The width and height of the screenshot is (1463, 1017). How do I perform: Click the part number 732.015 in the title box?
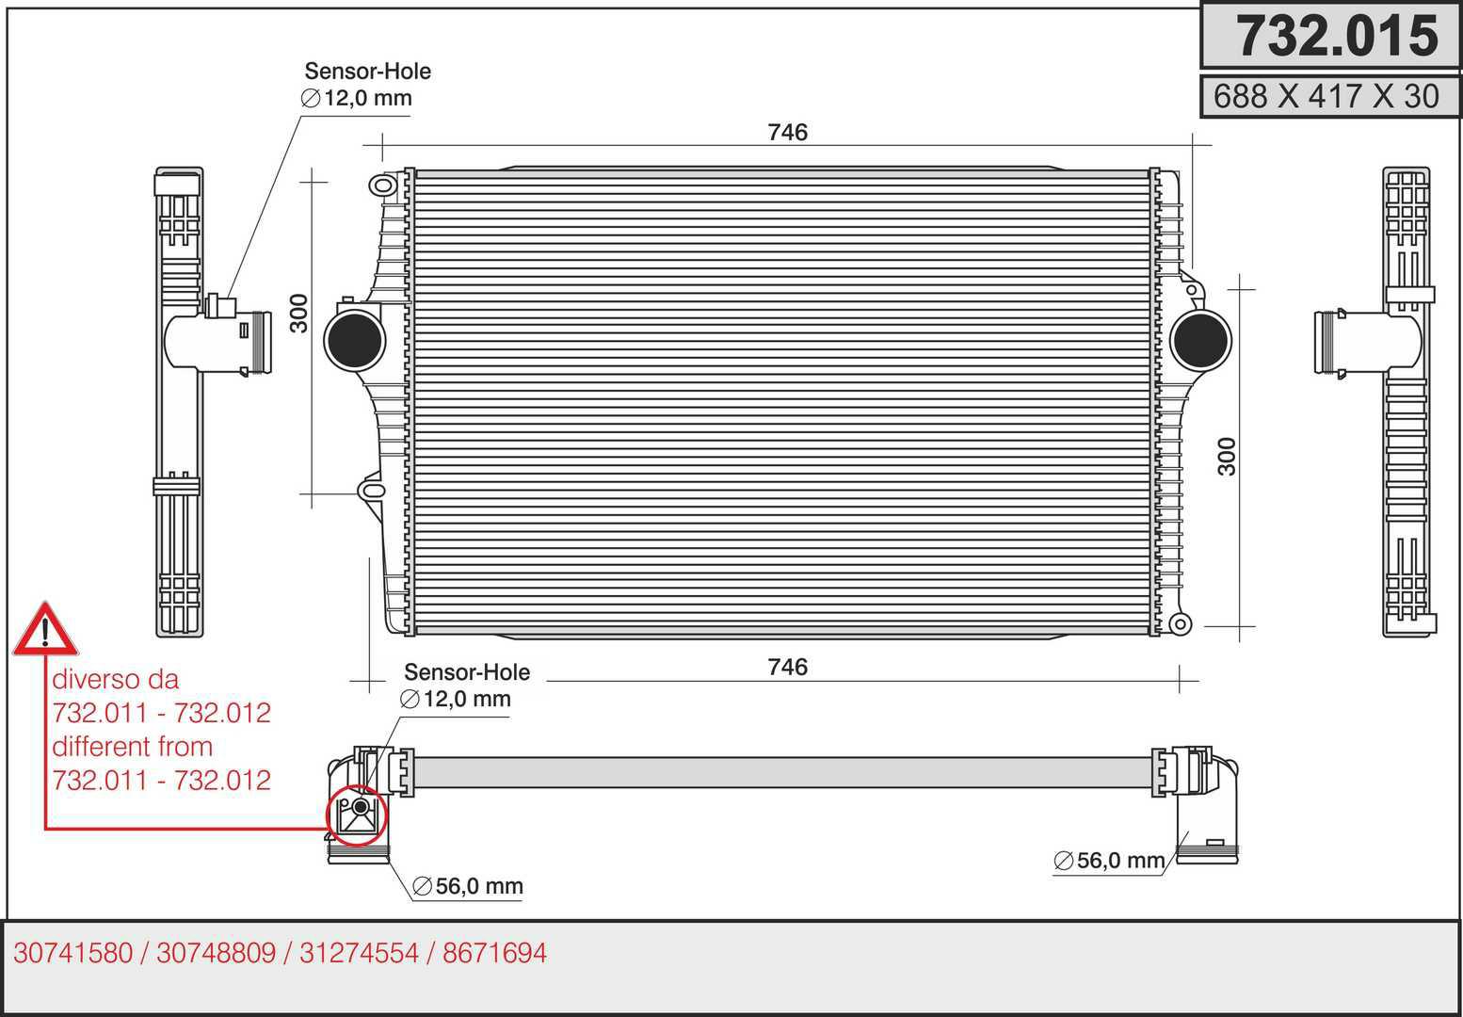(1337, 37)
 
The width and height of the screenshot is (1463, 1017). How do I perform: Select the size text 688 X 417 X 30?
(1326, 96)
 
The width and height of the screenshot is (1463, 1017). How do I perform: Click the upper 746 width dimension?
(788, 132)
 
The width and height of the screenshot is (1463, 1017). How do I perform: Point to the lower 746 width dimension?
(788, 667)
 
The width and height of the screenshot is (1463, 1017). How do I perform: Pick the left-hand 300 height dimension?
(299, 314)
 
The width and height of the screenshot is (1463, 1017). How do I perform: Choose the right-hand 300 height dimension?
(1228, 457)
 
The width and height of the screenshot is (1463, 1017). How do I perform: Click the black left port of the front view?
(355, 340)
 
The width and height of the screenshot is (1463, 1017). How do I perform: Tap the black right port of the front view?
(1200, 340)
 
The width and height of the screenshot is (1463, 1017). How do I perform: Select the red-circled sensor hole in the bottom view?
(357, 815)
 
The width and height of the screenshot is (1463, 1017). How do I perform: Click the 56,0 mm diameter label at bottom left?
(468, 886)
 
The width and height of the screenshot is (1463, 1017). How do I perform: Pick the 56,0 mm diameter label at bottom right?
(1110, 861)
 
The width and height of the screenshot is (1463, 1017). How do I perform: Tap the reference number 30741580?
(73, 953)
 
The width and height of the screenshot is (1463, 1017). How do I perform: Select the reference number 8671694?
(494, 953)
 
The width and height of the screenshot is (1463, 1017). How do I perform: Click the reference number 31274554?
(359, 953)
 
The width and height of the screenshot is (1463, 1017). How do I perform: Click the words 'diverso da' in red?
(116, 679)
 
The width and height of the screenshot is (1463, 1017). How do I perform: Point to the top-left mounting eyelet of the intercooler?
(383, 186)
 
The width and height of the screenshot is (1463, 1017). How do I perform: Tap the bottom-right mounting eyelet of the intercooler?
(1180, 624)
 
